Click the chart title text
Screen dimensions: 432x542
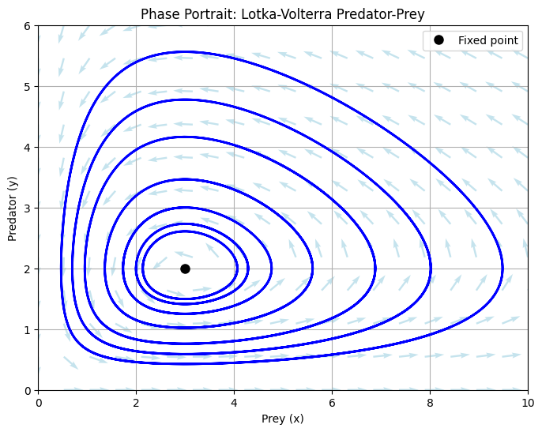tap(283, 14)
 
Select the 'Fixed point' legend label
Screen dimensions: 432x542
tap(488, 40)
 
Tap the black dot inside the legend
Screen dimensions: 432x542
tap(439, 40)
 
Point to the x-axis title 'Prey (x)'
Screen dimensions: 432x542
tap(283, 419)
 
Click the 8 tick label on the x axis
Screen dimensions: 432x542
tap(430, 402)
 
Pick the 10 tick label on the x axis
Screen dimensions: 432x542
tap(528, 402)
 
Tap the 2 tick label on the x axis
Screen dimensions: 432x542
tap(136, 402)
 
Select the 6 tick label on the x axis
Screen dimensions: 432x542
tap(332, 402)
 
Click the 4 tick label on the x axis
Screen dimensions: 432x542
tap(234, 402)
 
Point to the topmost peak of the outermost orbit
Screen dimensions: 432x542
tap(183, 52)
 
